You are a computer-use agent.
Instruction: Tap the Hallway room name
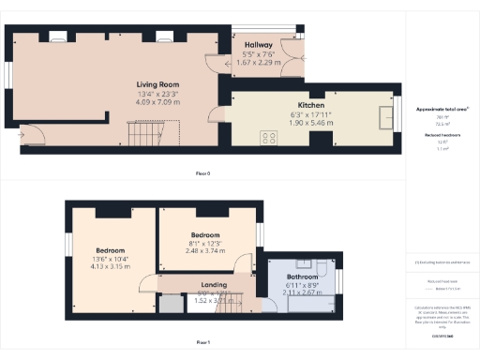click(x=258, y=45)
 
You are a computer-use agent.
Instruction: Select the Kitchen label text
click(x=310, y=106)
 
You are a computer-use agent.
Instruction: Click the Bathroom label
click(x=302, y=277)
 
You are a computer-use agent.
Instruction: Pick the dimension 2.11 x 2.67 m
click(x=302, y=292)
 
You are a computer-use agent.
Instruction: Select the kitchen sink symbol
click(x=383, y=116)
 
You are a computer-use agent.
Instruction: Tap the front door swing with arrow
click(x=20, y=137)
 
